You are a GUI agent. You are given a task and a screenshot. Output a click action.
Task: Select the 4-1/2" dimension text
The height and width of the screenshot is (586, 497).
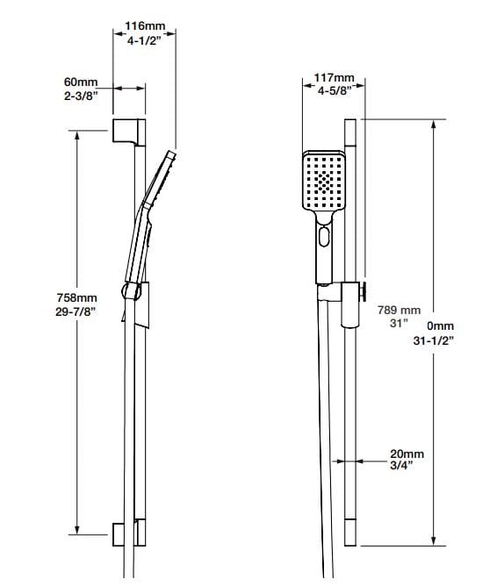[145, 40]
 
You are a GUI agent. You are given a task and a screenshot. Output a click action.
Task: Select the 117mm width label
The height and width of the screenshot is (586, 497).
[333, 78]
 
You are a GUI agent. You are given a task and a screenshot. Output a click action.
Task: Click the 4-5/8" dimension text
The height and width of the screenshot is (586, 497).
[333, 90]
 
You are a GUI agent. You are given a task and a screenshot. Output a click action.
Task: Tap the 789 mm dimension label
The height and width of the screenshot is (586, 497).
[400, 310]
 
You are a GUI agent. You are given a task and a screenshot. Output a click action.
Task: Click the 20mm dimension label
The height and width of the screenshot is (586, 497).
[407, 454]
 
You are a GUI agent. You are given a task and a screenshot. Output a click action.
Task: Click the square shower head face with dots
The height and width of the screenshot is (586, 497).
[325, 182]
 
